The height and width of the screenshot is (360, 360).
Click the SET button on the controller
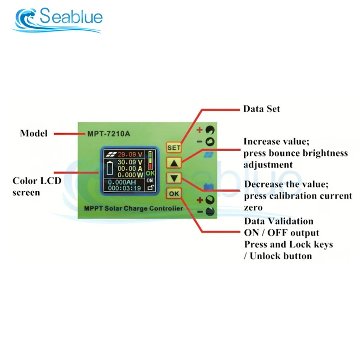[x=174, y=147]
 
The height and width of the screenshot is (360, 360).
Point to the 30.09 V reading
[x=130, y=162]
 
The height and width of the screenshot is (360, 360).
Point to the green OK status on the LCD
[x=150, y=172]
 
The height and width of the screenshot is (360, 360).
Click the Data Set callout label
[x=261, y=109]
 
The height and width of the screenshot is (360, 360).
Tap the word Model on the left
[x=34, y=133]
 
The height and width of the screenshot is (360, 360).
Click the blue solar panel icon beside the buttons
[x=208, y=155]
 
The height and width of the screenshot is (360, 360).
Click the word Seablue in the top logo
[x=71, y=17]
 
